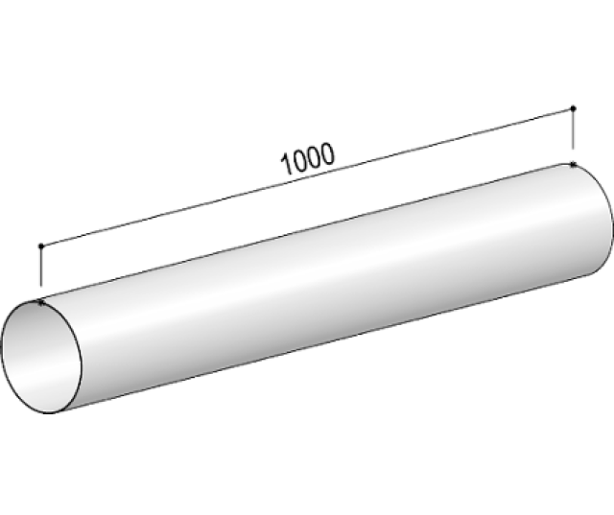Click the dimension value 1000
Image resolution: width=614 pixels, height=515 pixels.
pyautogui.click(x=307, y=159)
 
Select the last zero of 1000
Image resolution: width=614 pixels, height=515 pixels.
pyautogui.click(x=327, y=153)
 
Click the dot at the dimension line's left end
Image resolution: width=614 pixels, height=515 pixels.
pyautogui.click(x=40, y=246)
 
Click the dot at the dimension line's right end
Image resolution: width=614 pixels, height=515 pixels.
pyautogui.click(x=573, y=107)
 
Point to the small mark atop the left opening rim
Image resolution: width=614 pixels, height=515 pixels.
pyautogui.click(x=40, y=303)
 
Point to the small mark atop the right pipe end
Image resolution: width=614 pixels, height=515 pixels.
pyautogui.click(x=573, y=165)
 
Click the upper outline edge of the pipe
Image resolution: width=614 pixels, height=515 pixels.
pyautogui.click(x=307, y=234)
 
